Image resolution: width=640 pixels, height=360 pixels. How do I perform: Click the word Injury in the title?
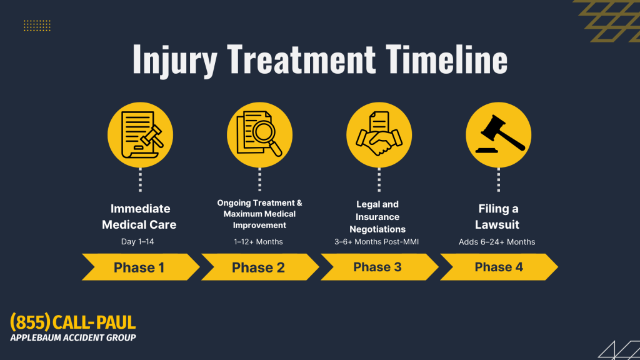click(175, 61)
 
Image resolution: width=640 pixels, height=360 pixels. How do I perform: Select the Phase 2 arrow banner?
click(260, 267)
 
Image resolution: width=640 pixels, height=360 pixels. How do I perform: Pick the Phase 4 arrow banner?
click(499, 267)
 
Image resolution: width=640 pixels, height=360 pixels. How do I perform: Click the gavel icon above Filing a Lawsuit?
click(498, 135)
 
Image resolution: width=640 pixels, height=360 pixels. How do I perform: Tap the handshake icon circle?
click(379, 135)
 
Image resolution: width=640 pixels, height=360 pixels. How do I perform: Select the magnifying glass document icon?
click(259, 135)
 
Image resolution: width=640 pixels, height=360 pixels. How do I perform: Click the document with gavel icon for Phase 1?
click(141, 135)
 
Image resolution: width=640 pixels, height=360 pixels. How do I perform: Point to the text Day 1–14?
click(137, 242)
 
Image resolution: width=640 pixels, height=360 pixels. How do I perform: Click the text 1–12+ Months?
click(258, 242)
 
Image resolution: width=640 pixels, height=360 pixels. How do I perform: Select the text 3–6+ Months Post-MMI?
click(376, 242)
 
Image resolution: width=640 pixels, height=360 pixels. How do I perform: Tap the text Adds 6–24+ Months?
click(497, 242)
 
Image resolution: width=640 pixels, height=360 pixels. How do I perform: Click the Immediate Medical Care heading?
click(139, 217)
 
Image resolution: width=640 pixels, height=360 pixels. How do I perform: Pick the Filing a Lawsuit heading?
click(497, 217)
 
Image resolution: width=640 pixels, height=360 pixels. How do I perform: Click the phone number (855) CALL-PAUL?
click(73, 322)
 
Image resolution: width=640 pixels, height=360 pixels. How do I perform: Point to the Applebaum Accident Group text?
click(73, 337)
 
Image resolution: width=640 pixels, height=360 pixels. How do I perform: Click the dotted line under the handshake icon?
click(379, 179)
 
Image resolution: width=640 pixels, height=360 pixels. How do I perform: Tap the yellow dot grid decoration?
click(37, 26)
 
